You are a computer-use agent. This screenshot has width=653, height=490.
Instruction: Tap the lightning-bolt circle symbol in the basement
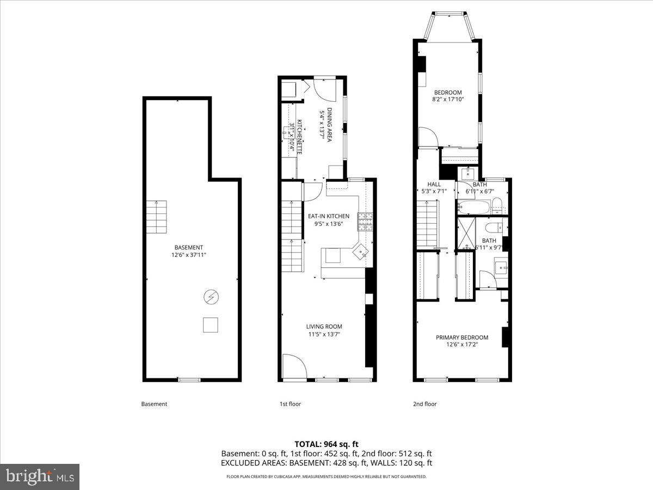tap(210, 297)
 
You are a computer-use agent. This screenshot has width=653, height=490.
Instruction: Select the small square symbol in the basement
tap(211, 324)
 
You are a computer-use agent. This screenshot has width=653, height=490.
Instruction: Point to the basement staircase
tap(156, 216)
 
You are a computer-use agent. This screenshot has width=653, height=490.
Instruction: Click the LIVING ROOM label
tap(324, 327)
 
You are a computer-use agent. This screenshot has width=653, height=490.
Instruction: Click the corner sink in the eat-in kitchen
tap(361, 252)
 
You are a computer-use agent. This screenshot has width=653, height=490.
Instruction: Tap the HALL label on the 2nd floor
tap(434, 184)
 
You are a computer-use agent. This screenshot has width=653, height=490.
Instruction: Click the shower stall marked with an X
tap(466, 232)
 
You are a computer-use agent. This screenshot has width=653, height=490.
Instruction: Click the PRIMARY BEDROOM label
tap(462, 338)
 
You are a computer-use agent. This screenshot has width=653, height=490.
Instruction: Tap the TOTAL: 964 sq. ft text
tap(326, 444)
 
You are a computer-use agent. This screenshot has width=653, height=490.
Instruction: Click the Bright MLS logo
tap(40, 477)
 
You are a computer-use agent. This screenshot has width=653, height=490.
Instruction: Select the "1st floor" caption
tap(290, 404)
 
